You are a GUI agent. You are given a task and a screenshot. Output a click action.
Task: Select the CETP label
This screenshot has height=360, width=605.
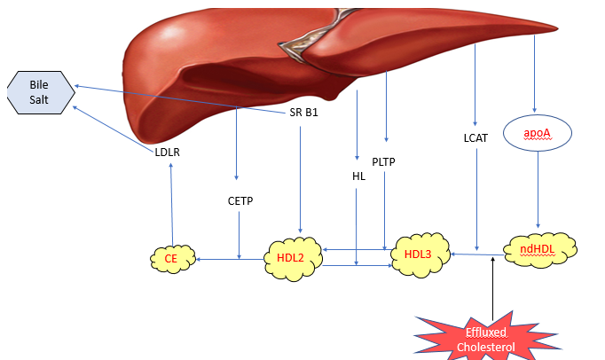click(240, 200)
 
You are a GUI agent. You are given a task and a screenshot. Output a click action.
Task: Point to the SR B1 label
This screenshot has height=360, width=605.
click(303, 113)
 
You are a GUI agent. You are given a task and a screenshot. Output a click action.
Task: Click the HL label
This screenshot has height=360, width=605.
click(358, 176)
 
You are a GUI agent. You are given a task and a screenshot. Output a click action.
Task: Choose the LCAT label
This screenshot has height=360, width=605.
click(476, 138)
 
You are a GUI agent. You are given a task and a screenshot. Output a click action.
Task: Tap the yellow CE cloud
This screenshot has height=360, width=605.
click(170, 259)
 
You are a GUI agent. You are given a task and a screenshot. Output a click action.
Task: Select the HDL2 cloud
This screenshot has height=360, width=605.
click(290, 259)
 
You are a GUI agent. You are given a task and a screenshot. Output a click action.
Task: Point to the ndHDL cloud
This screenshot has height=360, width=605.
click(539, 249)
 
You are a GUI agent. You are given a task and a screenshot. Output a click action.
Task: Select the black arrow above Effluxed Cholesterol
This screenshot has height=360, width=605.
click(491, 284)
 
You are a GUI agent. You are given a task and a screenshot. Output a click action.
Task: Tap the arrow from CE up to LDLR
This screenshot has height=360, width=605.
click(170, 204)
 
